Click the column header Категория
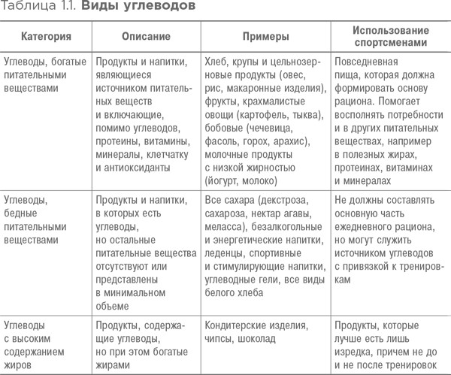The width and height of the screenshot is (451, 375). click(46, 35)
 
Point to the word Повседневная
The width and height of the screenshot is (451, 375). click(368, 59)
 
